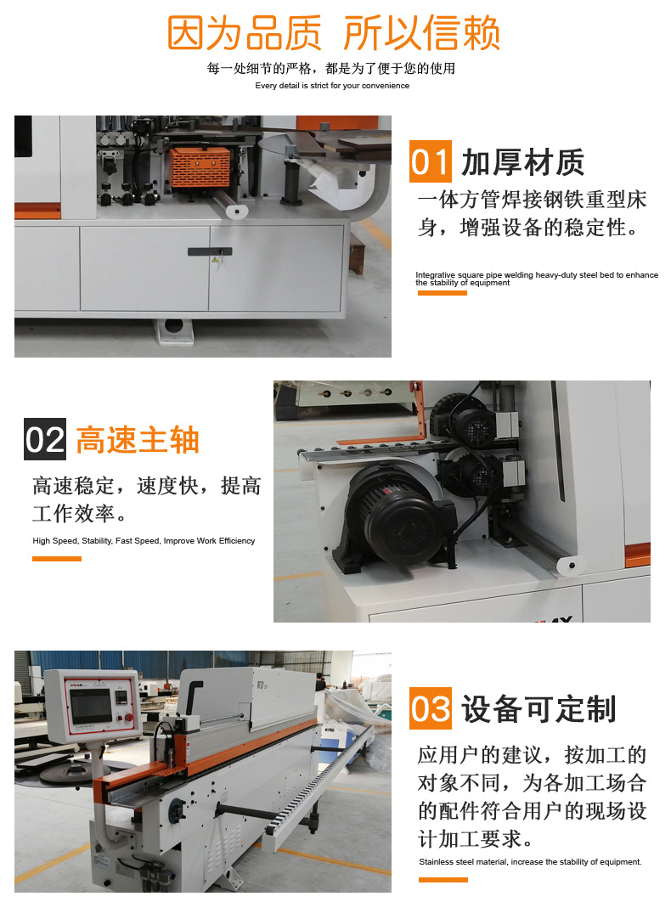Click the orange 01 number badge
pos(430,161)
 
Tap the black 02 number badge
pos(45,439)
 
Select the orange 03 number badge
pos(430,708)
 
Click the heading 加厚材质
pos(522,161)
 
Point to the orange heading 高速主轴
pos(138,440)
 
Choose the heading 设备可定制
pos(538,708)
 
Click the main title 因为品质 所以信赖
pos(333,33)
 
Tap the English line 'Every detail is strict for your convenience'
pos(332,86)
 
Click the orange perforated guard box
pos(200,166)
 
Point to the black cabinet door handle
pos(210,251)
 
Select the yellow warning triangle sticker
pos(215,260)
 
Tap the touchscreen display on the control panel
pos(91,705)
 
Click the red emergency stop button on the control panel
pos(129,718)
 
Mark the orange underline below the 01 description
pos(442,293)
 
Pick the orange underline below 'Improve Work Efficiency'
pos(56,559)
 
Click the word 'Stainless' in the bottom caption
pos(435,862)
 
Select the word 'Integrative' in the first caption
pos(435,275)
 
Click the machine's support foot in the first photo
pos(173,330)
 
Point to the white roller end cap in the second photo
pos(572,565)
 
